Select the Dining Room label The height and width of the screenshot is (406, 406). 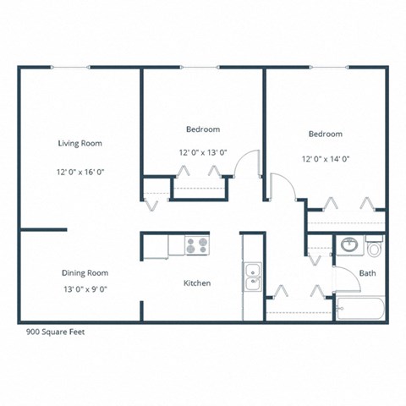(x=85, y=272)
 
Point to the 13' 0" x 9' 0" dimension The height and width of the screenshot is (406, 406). (x=85, y=289)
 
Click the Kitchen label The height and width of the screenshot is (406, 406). (x=197, y=283)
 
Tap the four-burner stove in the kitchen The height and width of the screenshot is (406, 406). (x=197, y=246)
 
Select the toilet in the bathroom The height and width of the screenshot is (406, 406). (x=373, y=248)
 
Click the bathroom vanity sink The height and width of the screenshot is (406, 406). (x=348, y=246)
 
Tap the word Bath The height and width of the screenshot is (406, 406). (x=367, y=273)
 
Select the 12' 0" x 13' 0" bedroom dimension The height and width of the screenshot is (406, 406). (x=203, y=153)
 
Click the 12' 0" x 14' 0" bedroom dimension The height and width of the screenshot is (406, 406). (x=325, y=158)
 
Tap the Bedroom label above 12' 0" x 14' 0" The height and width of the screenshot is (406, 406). (x=325, y=134)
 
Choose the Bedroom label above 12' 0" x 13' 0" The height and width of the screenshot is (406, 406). (x=203, y=129)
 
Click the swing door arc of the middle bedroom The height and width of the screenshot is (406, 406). (x=245, y=162)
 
